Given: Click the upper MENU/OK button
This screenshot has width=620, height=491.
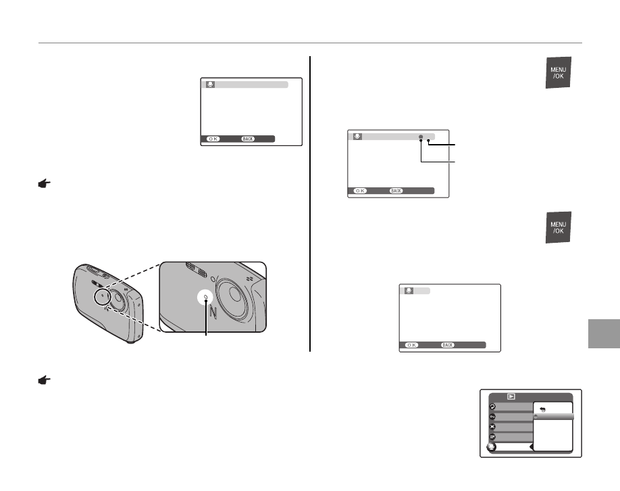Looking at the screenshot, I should tap(559, 73).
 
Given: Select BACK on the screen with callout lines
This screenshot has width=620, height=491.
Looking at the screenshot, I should tap(396, 191).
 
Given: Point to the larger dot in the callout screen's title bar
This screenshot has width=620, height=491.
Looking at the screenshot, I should tap(420, 137).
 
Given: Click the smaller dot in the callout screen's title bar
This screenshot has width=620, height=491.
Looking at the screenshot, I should tap(428, 137).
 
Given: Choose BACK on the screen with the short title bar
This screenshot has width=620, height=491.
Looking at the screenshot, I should tap(448, 345).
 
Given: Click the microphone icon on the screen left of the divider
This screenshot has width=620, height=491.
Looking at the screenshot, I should tap(210, 85).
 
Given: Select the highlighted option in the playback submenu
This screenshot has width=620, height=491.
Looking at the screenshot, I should tap(553, 417).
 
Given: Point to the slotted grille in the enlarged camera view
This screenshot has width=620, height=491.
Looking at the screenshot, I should tap(198, 268).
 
